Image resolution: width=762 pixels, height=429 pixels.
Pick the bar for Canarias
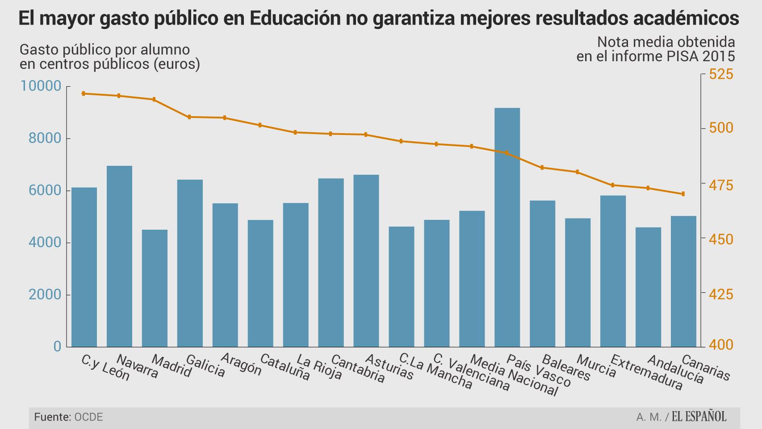tap(683, 281)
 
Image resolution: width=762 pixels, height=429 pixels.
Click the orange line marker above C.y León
tap(84, 93)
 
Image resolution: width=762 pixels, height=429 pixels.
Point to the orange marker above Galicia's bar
tap(189, 117)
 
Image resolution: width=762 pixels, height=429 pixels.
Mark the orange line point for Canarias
tap(683, 194)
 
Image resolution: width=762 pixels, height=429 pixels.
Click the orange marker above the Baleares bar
tap(542, 168)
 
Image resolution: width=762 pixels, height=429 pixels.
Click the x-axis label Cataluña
tap(285, 368)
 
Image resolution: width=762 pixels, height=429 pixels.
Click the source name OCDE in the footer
tap(88, 417)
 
